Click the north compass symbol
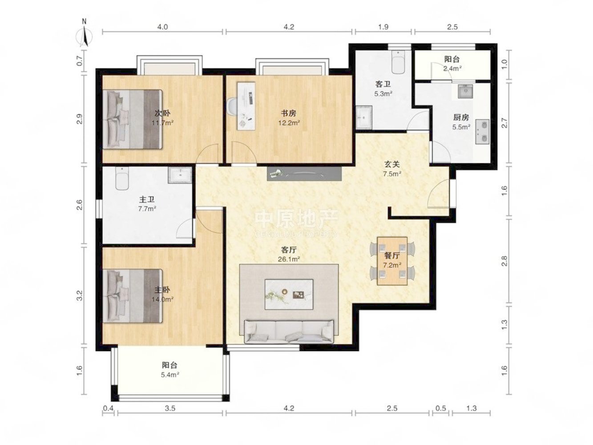pos(84,34)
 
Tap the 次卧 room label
pos(162,113)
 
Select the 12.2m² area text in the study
pos(289,123)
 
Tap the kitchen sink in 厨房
pos(465,91)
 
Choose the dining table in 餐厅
pos(392,261)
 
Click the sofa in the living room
pos(289,332)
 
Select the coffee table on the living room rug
pos(289,294)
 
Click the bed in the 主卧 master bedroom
pos(133,295)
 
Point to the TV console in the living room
pos(304,174)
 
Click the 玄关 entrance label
pos(392,164)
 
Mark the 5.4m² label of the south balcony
pos(170,375)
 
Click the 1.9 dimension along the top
pos(383,27)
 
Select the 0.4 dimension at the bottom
pos(108,408)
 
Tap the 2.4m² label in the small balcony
pos(452,69)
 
